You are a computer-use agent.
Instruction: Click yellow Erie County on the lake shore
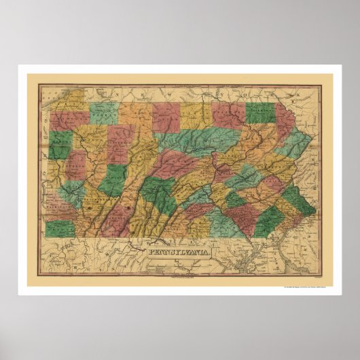68,102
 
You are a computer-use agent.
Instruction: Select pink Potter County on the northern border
166,115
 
